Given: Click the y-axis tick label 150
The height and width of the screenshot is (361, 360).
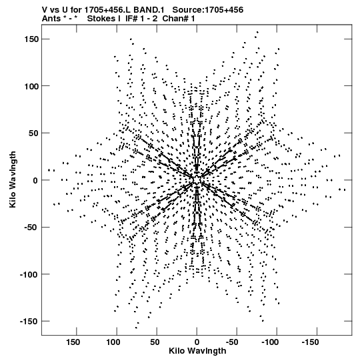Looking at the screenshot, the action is click(x=31, y=39).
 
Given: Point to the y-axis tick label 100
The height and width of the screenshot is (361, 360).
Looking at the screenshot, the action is click(x=31, y=86).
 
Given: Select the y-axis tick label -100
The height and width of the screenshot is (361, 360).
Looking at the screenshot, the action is click(x=29, y=274).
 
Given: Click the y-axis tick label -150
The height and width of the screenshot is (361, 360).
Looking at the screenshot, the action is click(x=29, y=322).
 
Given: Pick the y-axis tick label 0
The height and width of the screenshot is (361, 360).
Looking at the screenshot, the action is click(x=35, y=180).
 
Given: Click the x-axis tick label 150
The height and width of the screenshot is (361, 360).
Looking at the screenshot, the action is click(x=73, y=342).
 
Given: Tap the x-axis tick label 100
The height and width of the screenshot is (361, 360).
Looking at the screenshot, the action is click(x=113, y=342).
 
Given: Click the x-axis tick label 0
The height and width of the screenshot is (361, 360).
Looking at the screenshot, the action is click(x=197, y=342).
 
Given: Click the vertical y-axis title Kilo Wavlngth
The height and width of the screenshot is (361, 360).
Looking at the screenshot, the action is click(x=13, y=179).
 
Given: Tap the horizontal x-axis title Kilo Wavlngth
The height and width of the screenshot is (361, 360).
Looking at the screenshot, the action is click(x=197, y=351).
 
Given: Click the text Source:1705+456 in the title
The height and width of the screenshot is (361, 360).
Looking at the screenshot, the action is click(x=208, y=10).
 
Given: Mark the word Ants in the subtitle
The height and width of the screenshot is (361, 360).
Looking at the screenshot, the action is click(x=51, y=19).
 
